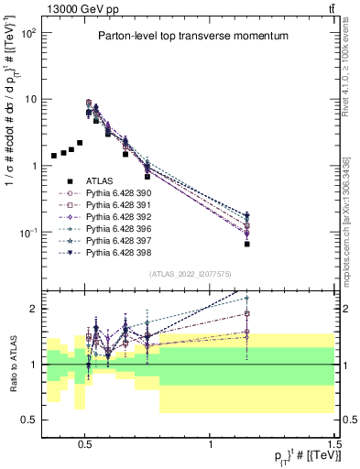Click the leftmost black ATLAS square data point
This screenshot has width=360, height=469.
(x=54, y=156)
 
